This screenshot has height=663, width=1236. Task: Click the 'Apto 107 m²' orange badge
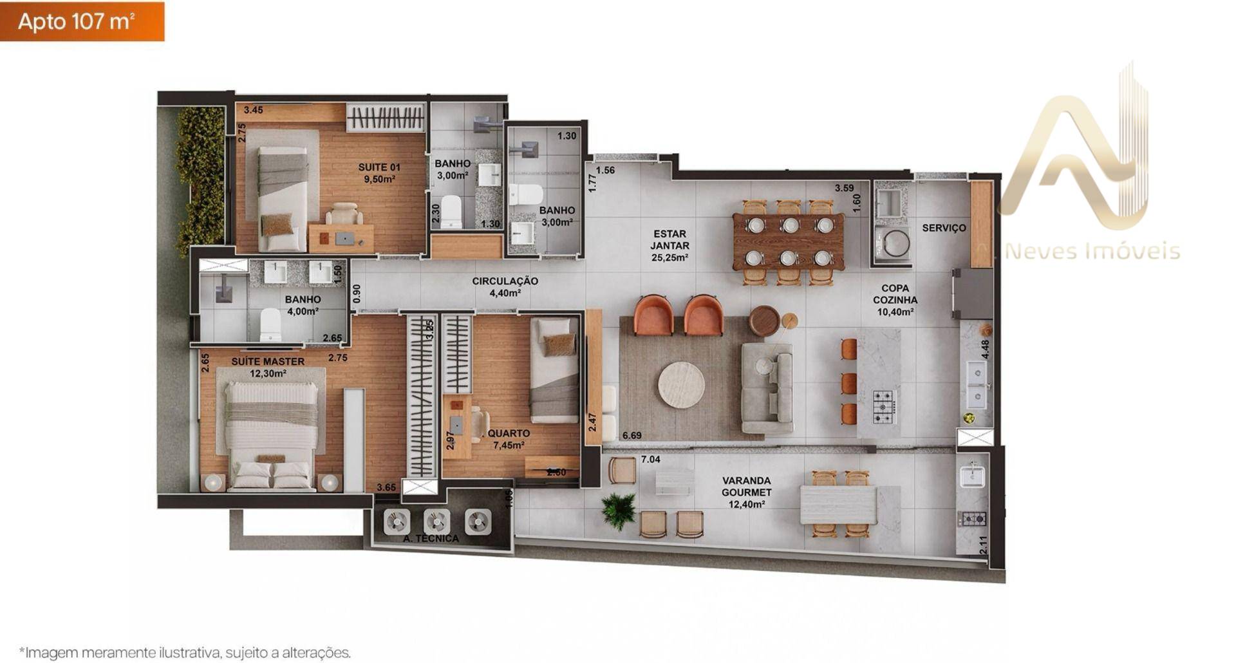[82, 21]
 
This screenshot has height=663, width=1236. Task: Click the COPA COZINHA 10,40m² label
[895, 300]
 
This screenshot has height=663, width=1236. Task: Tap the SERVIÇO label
[944, 228]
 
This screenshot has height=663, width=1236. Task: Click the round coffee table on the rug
[681, 385]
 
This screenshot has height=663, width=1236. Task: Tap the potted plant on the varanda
[619, 510]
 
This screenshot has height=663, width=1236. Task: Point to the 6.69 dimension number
[632, 436]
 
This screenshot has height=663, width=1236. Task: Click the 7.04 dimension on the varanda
[651, 460]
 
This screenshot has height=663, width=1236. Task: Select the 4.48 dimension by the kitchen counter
[984, 350]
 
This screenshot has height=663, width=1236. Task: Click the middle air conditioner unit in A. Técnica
[437, 521]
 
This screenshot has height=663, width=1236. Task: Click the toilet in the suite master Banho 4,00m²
[270, 324]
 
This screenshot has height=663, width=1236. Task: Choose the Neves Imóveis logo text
[1092, 251]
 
